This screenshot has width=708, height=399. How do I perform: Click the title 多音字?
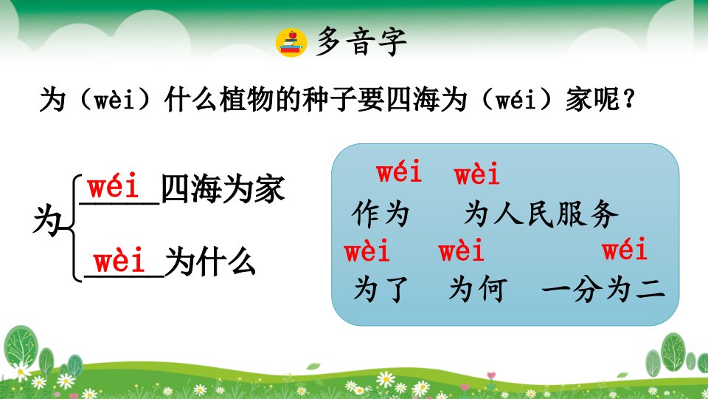coord(361,41)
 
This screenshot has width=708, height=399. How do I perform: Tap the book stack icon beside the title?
coord(291,43)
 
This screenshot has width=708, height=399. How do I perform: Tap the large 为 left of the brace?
coord(47,221)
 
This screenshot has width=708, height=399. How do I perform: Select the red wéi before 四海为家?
coord(114,186)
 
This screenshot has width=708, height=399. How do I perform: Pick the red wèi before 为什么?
coord(119,260)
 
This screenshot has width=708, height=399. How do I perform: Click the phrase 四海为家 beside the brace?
coord(223,188)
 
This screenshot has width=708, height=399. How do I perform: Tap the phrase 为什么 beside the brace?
coord(210,262)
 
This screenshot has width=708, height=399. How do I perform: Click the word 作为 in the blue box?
coord(381,214)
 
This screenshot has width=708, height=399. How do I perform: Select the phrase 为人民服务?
coord(541,214)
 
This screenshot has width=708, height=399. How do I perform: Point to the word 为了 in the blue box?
coord(381,289)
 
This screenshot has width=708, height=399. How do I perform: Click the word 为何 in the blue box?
coord(478,289)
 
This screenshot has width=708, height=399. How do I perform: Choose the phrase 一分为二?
coord(604,289)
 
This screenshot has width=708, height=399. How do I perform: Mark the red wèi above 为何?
coord(461,250)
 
